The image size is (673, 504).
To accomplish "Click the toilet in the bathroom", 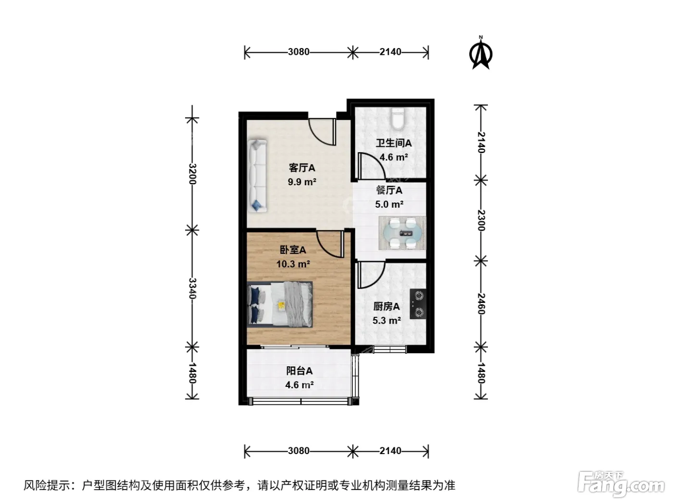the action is (398, 119).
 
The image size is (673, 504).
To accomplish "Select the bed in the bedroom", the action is (280, 304).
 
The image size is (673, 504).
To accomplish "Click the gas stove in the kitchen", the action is (418, 304).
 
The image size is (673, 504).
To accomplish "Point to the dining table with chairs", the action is (402, 233).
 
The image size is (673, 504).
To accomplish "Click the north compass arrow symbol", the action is (481, 53).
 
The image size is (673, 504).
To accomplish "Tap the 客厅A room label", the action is (302, 168).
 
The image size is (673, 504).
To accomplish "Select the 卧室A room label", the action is (293, 250).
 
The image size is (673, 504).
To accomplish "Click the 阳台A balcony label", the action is (299, 371).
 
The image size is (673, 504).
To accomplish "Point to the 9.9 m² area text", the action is (302, 182).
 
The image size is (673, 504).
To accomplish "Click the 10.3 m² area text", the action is (293, 264).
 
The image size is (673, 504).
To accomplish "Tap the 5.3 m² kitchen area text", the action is (386, 320).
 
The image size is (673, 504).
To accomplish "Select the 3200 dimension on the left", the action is (192, 174).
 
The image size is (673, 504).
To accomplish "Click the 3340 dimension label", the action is (192, 288).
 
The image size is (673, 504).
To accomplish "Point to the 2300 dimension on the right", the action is (481, 221).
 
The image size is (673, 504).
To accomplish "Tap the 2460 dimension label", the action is (481, 304).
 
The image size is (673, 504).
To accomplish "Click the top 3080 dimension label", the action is (299, 52).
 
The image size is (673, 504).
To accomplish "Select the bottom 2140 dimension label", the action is (390, 451).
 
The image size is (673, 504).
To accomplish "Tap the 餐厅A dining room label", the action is (389, 191).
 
